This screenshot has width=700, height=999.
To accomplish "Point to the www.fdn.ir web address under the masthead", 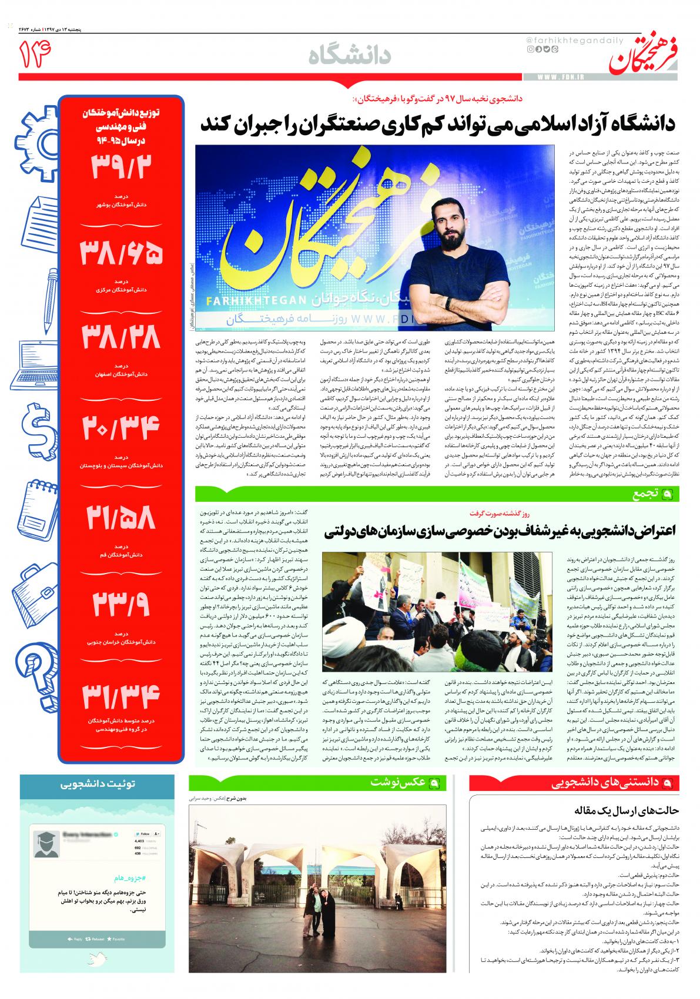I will point(559,77).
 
